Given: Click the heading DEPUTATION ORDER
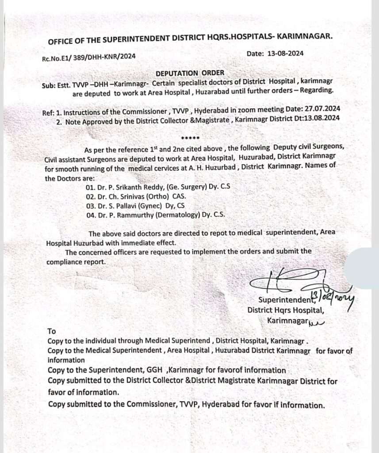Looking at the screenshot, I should coord(190,73).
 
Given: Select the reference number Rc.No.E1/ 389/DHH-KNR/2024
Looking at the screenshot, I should coord(88,56).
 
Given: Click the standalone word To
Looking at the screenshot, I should coord(52,330).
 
